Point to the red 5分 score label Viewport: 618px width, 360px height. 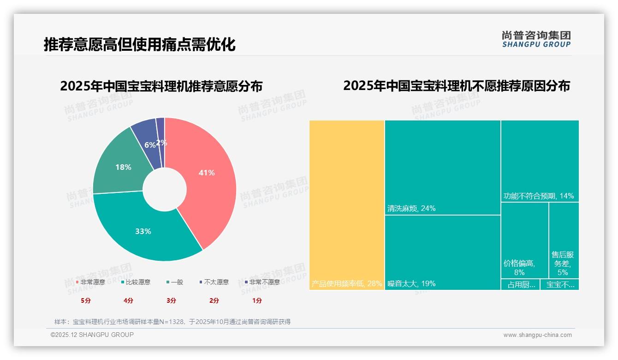(x=86, y=300)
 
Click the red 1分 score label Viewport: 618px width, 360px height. (x=257, y=300)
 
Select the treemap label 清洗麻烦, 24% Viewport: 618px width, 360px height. (x=411, y=209)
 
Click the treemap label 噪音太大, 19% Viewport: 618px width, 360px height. (x=411, y=283)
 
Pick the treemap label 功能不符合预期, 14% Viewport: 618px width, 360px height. (x=539, y=196)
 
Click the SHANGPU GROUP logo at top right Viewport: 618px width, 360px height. (x=536, y=39)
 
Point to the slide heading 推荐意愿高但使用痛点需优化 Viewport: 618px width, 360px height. (x=139, y=45)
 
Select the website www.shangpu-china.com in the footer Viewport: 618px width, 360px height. (x=537, y=335)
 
